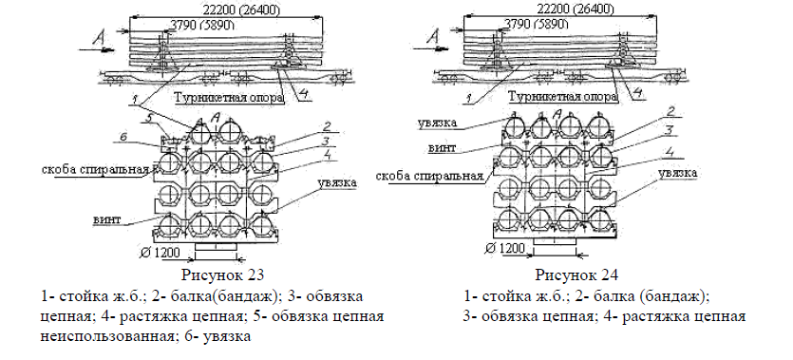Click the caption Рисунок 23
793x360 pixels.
pyautogui.click(x=222, y=275)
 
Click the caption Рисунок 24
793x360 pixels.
pyautogui.click(x=577, y=275)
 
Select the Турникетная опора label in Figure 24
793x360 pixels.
pyautogui.click(x=563, y=96)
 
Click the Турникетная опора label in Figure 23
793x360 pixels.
pyautogui.click(x=229, y=97)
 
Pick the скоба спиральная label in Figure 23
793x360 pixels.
pyautogui.click(x=96, y=169)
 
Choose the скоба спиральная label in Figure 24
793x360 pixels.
pyautogui.click(x=429, y=176)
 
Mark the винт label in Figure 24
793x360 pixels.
pyautogui.click(x=442, y=147)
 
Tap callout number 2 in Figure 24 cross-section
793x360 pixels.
pyautogui.click(x=670, y=111)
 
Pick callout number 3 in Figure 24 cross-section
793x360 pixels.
pyautogui.click(x=669, y=130)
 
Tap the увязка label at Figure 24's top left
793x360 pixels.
pyautogui.click(x=438, y=123)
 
